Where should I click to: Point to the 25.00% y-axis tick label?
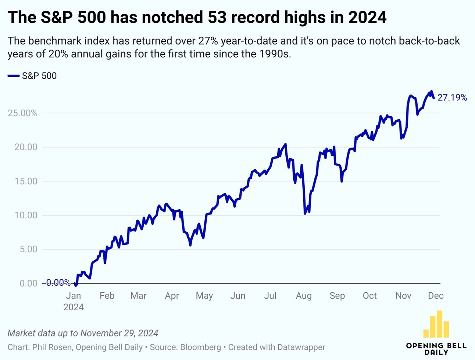pyautogui.click(x=22, y=113)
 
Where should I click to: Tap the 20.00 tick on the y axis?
pyautogui.click(x=26, y=147)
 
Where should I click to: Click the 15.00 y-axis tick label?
pyautogui.click(x=26, y=181)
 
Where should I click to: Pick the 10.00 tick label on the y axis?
pyautogui.click(x=26, y=215)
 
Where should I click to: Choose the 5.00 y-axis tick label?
pyautogui.click(x=28, y=249)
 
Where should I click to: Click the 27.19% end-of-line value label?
pyautogui.click(x=452, y=97)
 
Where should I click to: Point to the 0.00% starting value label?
pyautogui.click(x=58, y=283)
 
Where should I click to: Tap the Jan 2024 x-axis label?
pyautogui.click(x=74, y=301)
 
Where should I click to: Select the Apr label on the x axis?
pyautogui.click(x=172, y=296)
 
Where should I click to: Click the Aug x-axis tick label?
pyautogui.click(x=304, y=296)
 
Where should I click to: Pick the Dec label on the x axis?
pyautogui.click(x=436, y=296)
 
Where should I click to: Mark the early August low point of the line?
pyautogui.click(x=305, y=214)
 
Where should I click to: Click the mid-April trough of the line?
pyautogui.click(x=190, y=245)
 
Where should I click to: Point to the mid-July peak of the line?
pyautogui.click(x=285, y=144)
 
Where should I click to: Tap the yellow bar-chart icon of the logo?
pyautogui.click(x=436, y=324)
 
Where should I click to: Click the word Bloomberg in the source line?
pyautogui.click(x=201, y=347)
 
